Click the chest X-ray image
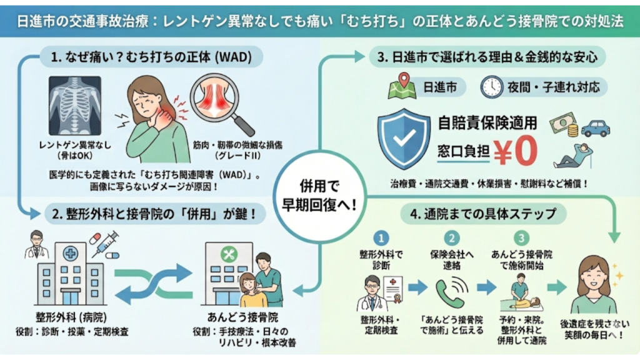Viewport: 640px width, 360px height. point(75,106)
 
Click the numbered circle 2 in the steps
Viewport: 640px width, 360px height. point(453,238)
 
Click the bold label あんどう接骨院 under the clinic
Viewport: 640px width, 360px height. point(242,317)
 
